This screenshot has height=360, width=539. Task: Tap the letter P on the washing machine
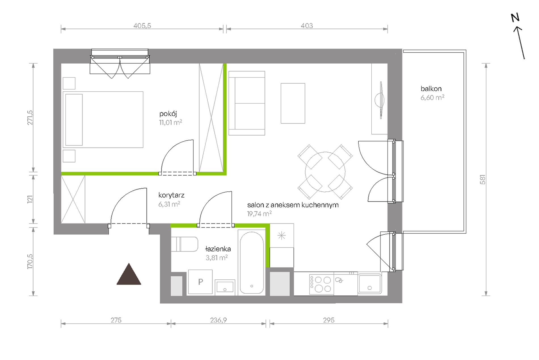click(x=201, y=282)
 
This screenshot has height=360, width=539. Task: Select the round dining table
click(x=325, y=172)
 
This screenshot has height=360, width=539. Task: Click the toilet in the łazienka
click(x=184, y=244)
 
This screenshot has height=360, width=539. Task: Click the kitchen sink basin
click(x=370, y=283)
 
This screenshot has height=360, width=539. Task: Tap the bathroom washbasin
click(x=225, y=287)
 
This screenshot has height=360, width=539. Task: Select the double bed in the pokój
click(x=103, y=119)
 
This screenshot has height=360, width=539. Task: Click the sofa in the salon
click(x=247, y=103)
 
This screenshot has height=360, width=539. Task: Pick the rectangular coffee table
click(x=293, y=103)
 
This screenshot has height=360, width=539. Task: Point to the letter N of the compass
click(x=515, y=18)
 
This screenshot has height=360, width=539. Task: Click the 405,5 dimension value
click(x=142, y=26)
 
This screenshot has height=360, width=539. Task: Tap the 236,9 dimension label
click(x=218, y=320)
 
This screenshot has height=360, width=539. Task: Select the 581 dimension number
click(x=483, y=180)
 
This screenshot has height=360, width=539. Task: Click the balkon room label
click(x=431, y=89)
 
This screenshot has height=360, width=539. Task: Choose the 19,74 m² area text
click(x=259, y=214)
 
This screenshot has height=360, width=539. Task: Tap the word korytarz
click(x=171, y=195)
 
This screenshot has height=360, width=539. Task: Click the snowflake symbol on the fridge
click(x=281, y=235)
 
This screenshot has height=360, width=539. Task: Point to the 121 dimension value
click(x=30, y=199)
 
